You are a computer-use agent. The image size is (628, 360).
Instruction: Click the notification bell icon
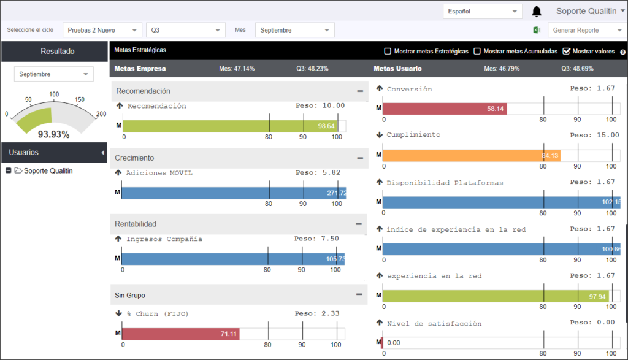pyautogui.click(x=536, y=12)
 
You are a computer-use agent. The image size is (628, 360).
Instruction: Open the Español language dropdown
pyautogui.click(x=482, y=11)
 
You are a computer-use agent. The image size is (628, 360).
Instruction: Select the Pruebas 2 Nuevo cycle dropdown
pyautogui.click(x=102, y=30)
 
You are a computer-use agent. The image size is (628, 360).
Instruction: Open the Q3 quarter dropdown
pyautogui.click(x=185, y=30)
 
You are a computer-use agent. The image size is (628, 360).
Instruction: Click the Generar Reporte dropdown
pyautogui.click(x=587, y=30)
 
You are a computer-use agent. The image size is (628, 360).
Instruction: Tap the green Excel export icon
pyautogui.click(x=536, y=30)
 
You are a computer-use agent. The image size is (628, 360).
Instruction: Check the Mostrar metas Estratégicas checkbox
pyautogui.click(x=388, y=52)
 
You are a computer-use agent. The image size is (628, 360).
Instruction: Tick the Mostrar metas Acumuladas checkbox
pyautogui.click(x=477, y=52)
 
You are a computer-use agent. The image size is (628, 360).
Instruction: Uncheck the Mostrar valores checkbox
pyautogui.click(x=566, y=52)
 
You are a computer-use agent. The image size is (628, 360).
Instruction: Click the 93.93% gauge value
pyautogui.click(x=54, y=134)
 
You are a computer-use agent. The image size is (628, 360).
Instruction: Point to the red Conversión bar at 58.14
pyautogui.click(x=445, y=109)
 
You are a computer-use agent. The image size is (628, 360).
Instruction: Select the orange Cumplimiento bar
pyautogui.click(x=472, y=155)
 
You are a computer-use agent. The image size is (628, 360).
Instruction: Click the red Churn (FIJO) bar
pyautogui.click(x=181, y=334)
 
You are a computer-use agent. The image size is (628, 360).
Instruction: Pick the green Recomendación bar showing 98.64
pyautogui.click(x=231, y=126)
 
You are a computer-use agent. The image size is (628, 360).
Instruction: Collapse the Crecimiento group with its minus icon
pyautogui.click(x=360, y=158)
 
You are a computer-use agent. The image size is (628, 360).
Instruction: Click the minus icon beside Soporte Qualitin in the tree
pyautogui.click(x=9, y=170)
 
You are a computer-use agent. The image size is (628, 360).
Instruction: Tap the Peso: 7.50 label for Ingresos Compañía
pyautogui.click(x=316, y=239)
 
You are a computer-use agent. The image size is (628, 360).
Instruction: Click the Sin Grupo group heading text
pyautogui.click(x=130, y=295)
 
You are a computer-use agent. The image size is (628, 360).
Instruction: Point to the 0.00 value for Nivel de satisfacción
pyautogui.click(x=393, y=343)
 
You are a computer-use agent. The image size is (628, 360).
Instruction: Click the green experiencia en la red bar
pyautogui.click(x=496, y=296)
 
